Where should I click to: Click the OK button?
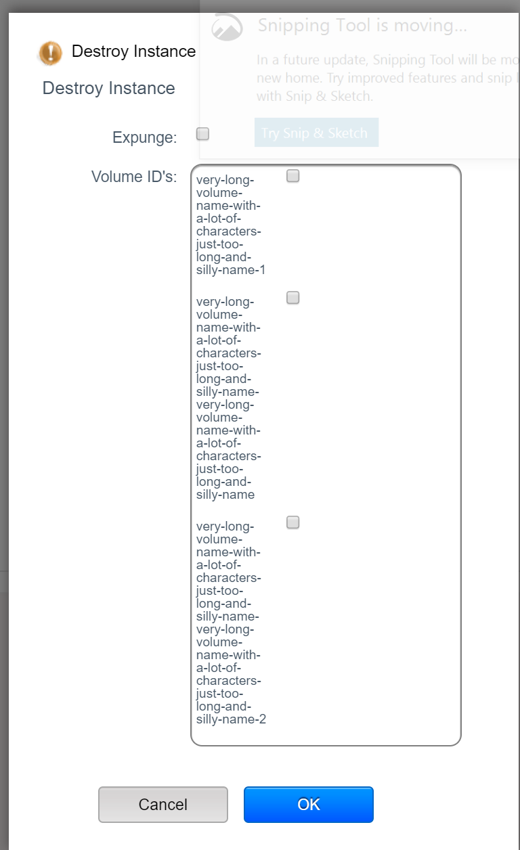tap(308, 804)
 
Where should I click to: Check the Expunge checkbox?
tap(202, 134)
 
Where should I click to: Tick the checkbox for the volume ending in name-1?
tap(292, 176)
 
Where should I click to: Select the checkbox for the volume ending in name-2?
tap(292, 522)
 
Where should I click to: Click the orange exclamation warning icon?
tap(50, 53)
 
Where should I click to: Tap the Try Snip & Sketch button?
tap(316, 133)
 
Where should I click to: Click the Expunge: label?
tap(144, 137)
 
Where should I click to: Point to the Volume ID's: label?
tap(134, 177)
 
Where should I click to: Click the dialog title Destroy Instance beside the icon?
tap(133, 51)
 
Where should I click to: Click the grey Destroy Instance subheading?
tap(108, 88)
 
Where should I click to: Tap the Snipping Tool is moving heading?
tap(362, 26)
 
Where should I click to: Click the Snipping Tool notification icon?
tap(227, 27)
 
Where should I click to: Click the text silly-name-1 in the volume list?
tap(230, 270)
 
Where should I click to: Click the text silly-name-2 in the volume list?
tap(230, 719)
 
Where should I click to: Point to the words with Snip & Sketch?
tap(315, 96)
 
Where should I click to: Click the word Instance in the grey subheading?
tap(142, 88)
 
